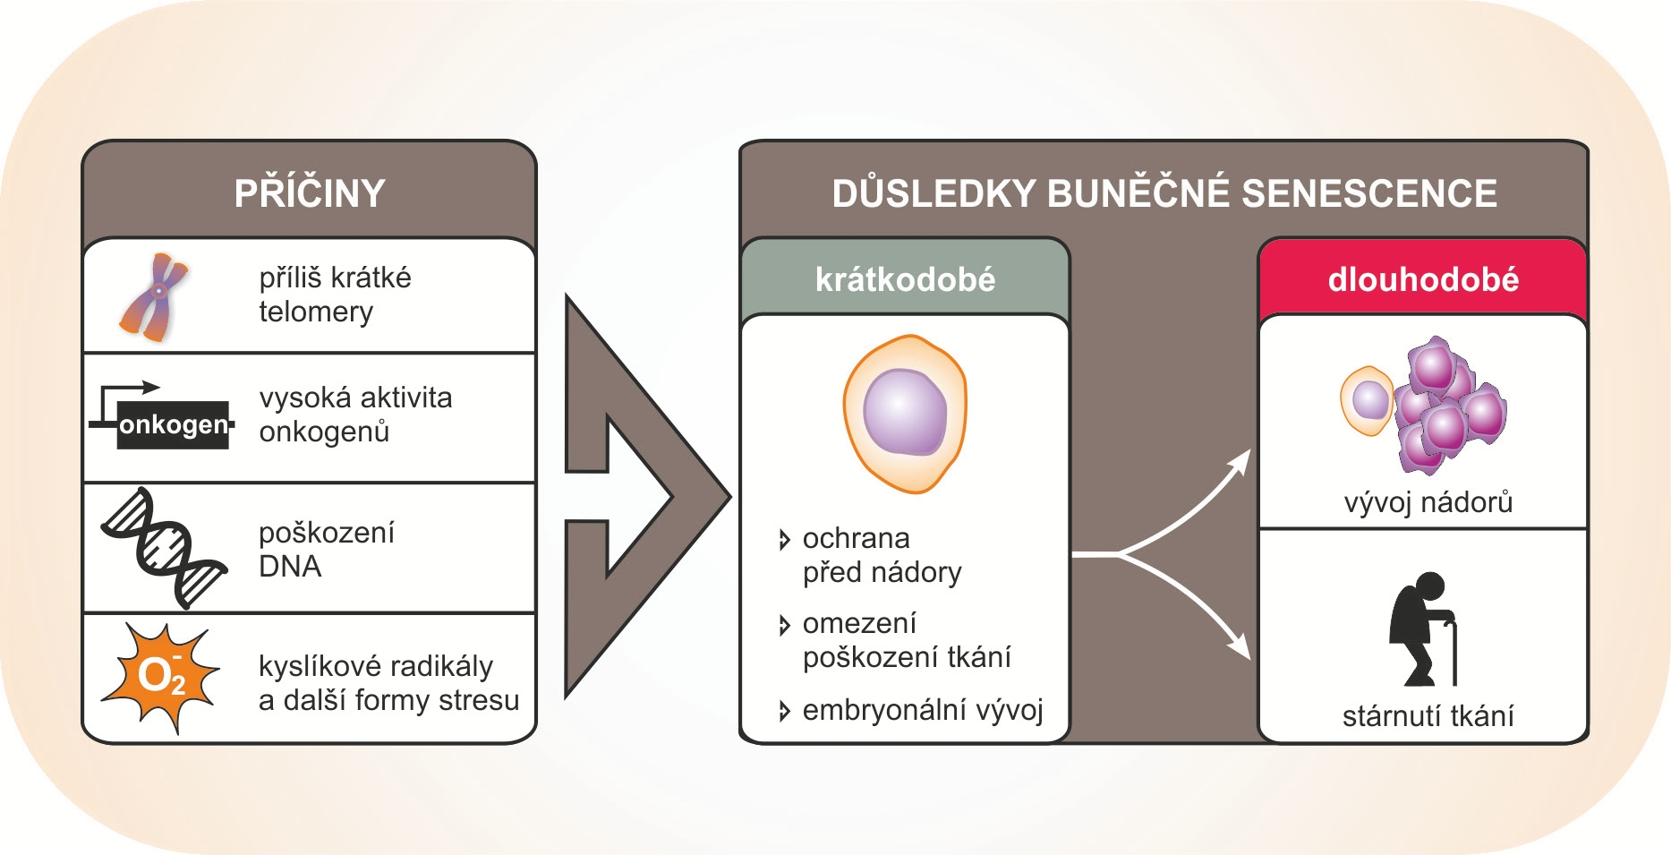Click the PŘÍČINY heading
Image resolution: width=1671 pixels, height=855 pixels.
pyautogui.click(x=310, y=193)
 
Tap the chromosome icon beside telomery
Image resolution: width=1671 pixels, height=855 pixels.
pyautogui.click(x=154, y=297)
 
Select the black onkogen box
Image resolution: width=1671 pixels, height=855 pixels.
pyautogui.click(x=173, y=424)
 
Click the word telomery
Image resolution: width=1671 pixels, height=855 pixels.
pyautogui.click(x=316, y=312)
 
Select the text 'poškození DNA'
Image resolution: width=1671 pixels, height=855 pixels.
pyautogui.click(x=326, y=549)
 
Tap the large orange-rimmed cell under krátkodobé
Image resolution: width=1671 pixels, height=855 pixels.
pyautogui.click(x=905, y=414)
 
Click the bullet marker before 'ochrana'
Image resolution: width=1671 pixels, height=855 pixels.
pyautogui.click(x=784, y=540)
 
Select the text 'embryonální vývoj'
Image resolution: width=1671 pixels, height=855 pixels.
pyautogui.click(x=923, y=711)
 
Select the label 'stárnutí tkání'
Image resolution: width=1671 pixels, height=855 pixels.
pyautogui.click(x=1428, y=716)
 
